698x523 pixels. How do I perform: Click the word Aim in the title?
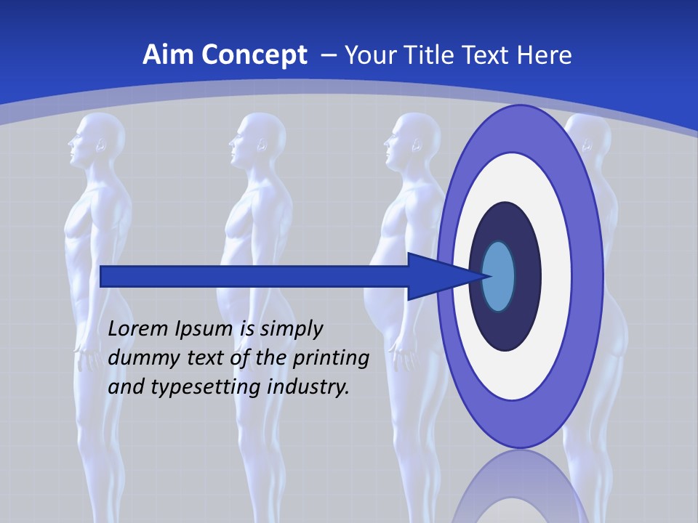[x=169, y=55]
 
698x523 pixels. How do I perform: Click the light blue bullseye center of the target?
[x=499, y=277]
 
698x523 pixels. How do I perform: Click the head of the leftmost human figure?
[x=93, y=138]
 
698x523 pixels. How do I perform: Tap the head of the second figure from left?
[x=257, y=138]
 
